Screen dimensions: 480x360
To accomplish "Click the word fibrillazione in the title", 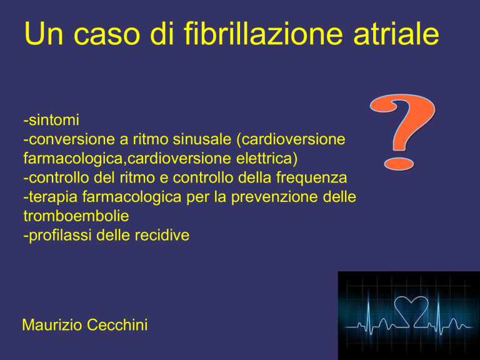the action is pos(262,34).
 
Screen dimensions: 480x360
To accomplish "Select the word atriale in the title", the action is pos(396,34).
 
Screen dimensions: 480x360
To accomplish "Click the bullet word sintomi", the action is pos(54,119).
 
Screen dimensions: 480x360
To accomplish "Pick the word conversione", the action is pos(72,139).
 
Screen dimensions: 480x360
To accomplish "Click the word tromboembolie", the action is pos(76,216).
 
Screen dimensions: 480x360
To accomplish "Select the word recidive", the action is pos(162,236).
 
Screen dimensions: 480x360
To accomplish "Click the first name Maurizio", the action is pos(52,325).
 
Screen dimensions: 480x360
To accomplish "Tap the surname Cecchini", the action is pos(117,325).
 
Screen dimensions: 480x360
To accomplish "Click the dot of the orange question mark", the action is pos(399,164).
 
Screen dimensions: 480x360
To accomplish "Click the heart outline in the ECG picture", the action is pos(411,311).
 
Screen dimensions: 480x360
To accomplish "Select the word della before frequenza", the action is pos(255,177).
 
